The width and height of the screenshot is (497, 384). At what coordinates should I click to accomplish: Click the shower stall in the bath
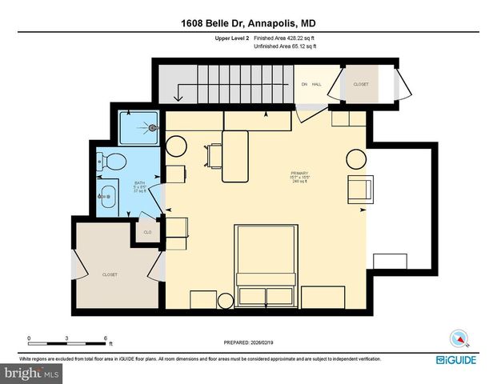(x=139, y=126)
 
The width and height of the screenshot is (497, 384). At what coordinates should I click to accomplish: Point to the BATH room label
(x=139, y=183)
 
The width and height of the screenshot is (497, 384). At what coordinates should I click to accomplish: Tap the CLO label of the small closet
(x=147, y=233)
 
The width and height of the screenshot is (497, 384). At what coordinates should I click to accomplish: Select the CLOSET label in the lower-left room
(x=110, y=274)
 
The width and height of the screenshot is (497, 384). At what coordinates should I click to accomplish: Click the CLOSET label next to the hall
(x=361, y=83)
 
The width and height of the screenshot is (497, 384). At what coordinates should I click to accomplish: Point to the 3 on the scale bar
(x=67, y=338)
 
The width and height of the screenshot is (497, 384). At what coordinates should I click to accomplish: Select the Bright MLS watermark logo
(x=32, y=373)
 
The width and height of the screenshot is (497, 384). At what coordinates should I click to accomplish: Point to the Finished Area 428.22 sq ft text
(x=285, y=38)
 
